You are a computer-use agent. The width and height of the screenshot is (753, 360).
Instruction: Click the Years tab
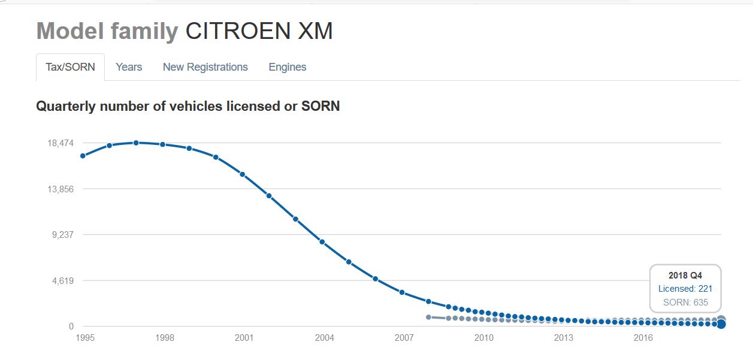(x=129, y=67)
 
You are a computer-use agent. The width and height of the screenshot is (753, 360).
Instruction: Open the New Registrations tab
(x=205, y=67)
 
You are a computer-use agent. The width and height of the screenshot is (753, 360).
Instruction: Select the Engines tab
(x=288, y=67)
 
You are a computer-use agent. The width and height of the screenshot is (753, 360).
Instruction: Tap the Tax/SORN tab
(x=70, y=67)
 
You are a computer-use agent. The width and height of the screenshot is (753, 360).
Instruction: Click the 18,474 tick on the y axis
(x=61, y=143)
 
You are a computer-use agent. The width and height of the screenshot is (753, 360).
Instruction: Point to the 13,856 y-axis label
(x=61, y=189)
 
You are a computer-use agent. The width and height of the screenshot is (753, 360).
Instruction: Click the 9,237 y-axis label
(x=62, y=235)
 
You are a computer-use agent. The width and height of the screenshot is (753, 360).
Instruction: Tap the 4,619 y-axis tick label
(x=62, y=281)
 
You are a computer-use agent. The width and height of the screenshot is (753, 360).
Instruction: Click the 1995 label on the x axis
(x=85, y=338)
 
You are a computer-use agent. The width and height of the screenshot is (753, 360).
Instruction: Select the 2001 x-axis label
(x=244, y=338)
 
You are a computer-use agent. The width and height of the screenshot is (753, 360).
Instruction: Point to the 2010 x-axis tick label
(x=484, y=338)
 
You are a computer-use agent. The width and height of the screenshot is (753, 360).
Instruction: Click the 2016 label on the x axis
(x=643, y=338)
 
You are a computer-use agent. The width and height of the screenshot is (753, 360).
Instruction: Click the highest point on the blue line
(x=136, y=143)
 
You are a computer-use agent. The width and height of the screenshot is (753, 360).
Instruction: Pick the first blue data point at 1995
(x=83, y=156)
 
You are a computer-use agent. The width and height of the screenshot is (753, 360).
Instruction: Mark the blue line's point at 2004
(x=322, y=242)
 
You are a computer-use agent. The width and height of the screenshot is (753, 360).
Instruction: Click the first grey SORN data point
(x=428, y=317)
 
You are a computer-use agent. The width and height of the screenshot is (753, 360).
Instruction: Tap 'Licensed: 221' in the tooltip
(x=685, y=289)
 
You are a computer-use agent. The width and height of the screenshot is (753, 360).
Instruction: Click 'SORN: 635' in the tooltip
(x=685, y=302)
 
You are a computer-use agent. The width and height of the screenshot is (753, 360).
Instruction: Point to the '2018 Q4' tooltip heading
(x=685, y=276)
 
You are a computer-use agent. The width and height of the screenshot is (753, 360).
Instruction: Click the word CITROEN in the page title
(x=238, y=31)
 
